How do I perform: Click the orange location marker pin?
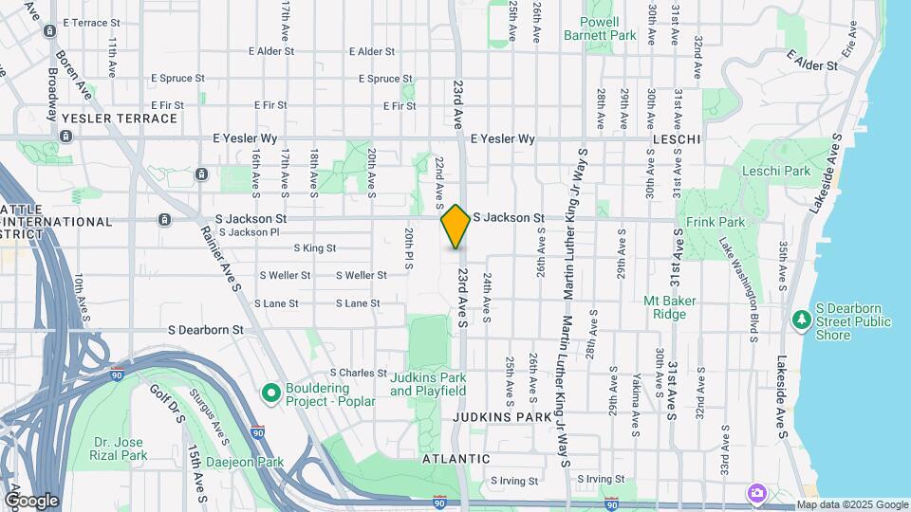pyautogui.click(x=455, y=227)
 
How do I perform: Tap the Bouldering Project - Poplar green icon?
pyautogui.click(x=271, y=392)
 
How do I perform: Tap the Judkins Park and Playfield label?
pyautogui.click(x=427, y=383)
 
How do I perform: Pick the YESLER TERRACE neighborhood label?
pyautogui.click(x=119, y=119)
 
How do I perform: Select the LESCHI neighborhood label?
pyautogui.click(x=677, y=139)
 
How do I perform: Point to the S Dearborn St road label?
pyautogui.click(x=206, y=330)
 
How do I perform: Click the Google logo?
pyautogui.click(x=31, y=501)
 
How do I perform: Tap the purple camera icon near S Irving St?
pyautogui.click(x=755, y=492)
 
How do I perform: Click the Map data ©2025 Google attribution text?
pyautogui.click(x=852, y=504)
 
